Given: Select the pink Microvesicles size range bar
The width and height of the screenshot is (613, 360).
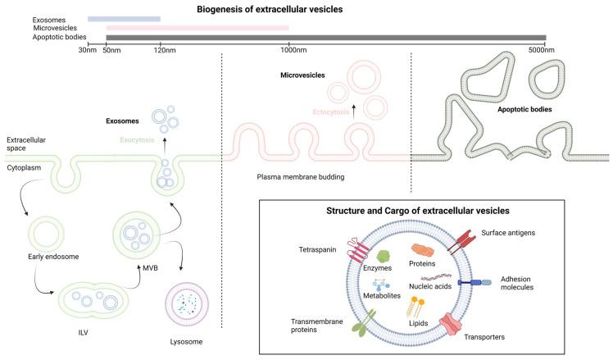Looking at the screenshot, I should click(x=197, y=28).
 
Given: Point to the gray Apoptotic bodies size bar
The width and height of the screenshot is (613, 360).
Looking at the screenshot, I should click(x=325, y=37).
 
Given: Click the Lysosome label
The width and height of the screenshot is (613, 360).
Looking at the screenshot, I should click(x=184, y=340).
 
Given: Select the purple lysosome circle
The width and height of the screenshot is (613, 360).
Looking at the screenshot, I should click(x=185, y=305).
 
